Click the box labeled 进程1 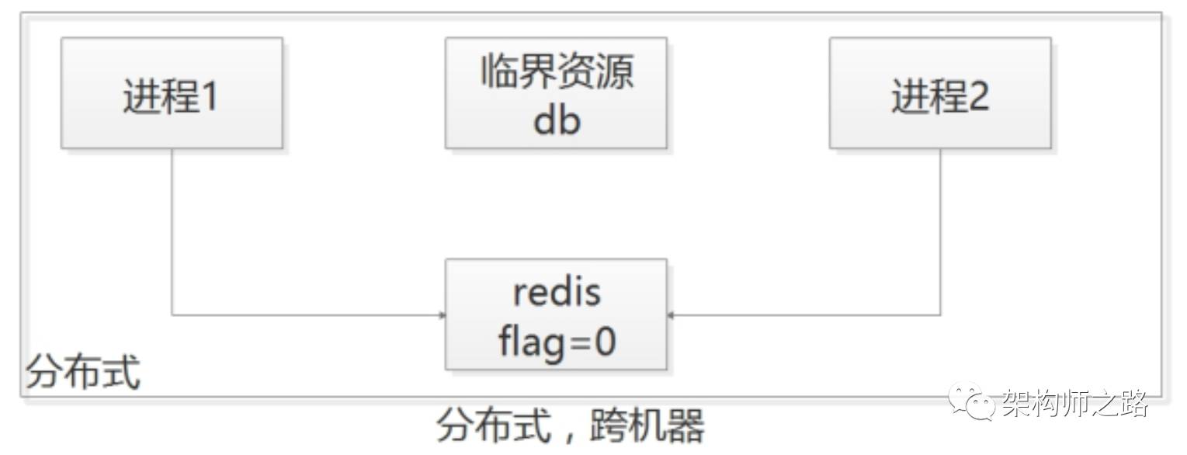(x=172, y=93)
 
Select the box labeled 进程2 (x=939, y=93)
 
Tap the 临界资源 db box (x=556, y=93)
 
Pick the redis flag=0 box (x=556, y=314)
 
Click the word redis (x=557, y=292)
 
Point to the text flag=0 (x=557, y=341)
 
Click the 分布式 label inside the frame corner (x=83, y=373)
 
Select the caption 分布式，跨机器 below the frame (x=571, y=426)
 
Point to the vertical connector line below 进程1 (x=172, y=233)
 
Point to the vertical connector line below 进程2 (x=940, y=233)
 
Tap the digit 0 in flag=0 (x=604, y=341)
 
